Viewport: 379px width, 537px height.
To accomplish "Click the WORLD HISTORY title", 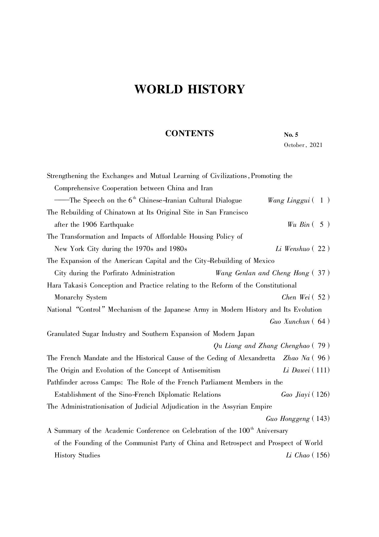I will (x=189, y=89).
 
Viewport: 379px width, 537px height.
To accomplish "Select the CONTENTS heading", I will (x=189, y=133).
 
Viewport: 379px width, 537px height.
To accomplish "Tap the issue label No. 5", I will (x=291, y=135).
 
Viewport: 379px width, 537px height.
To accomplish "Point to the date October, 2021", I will (x=303, y=145).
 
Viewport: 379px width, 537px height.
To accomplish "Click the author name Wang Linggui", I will (x=289, y=200).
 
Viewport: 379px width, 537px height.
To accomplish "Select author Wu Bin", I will (x=298, y=225).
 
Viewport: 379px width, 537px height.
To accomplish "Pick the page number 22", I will (x=321, y=249).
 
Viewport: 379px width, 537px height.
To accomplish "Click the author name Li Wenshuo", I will (x=292, y=249).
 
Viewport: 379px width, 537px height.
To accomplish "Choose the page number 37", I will (x=321, y=273).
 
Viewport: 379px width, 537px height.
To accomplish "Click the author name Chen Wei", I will (x=295, y=297).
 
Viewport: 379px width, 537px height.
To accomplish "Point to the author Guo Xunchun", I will (x=289, y=322).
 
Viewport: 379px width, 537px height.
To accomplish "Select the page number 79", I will (x=321, y=346).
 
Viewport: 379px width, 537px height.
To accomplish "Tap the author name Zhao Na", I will (x=296, y=358).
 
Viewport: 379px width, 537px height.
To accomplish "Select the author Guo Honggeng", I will (x=287, y=419).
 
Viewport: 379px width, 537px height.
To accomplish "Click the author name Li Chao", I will (x=297, y=455).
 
